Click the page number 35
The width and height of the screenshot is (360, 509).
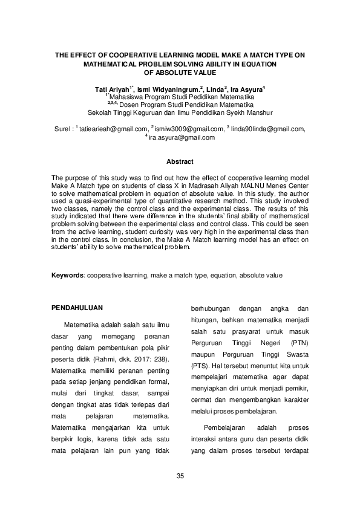[x=180, y=476]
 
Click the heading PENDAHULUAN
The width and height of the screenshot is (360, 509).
[x=77, y=306]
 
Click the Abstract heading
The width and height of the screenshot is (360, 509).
[x=180, y=161]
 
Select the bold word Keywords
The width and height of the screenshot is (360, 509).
[x=67, y=275]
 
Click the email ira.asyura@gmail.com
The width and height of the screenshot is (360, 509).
[x=182, y=137]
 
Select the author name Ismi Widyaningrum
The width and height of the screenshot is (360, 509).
[x=169, y=89]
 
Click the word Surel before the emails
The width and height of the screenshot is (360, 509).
[x=62, y=129]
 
